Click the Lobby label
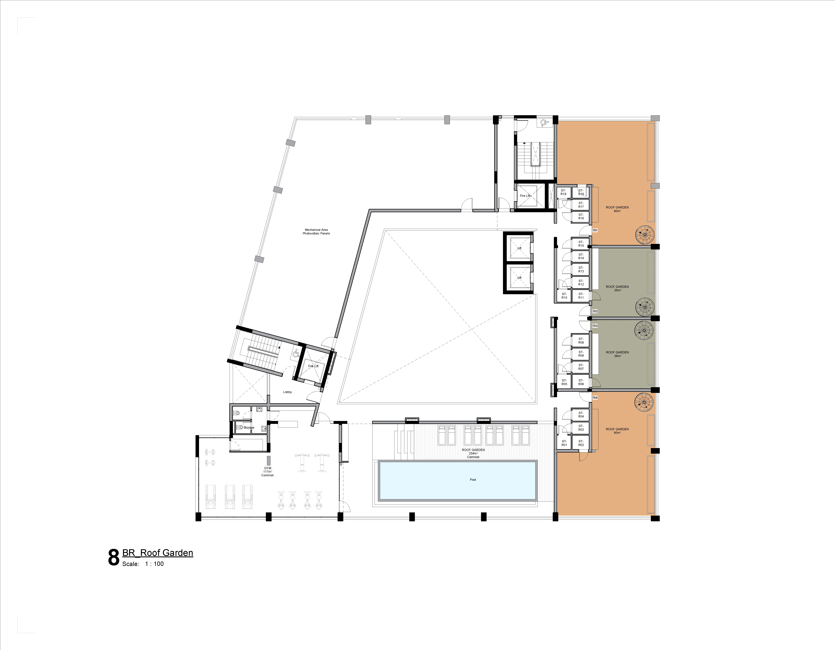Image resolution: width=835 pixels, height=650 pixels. point(288,392)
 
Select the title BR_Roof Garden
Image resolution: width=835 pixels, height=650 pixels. point(157,553)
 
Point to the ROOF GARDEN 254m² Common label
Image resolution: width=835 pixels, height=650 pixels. point(473,453)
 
